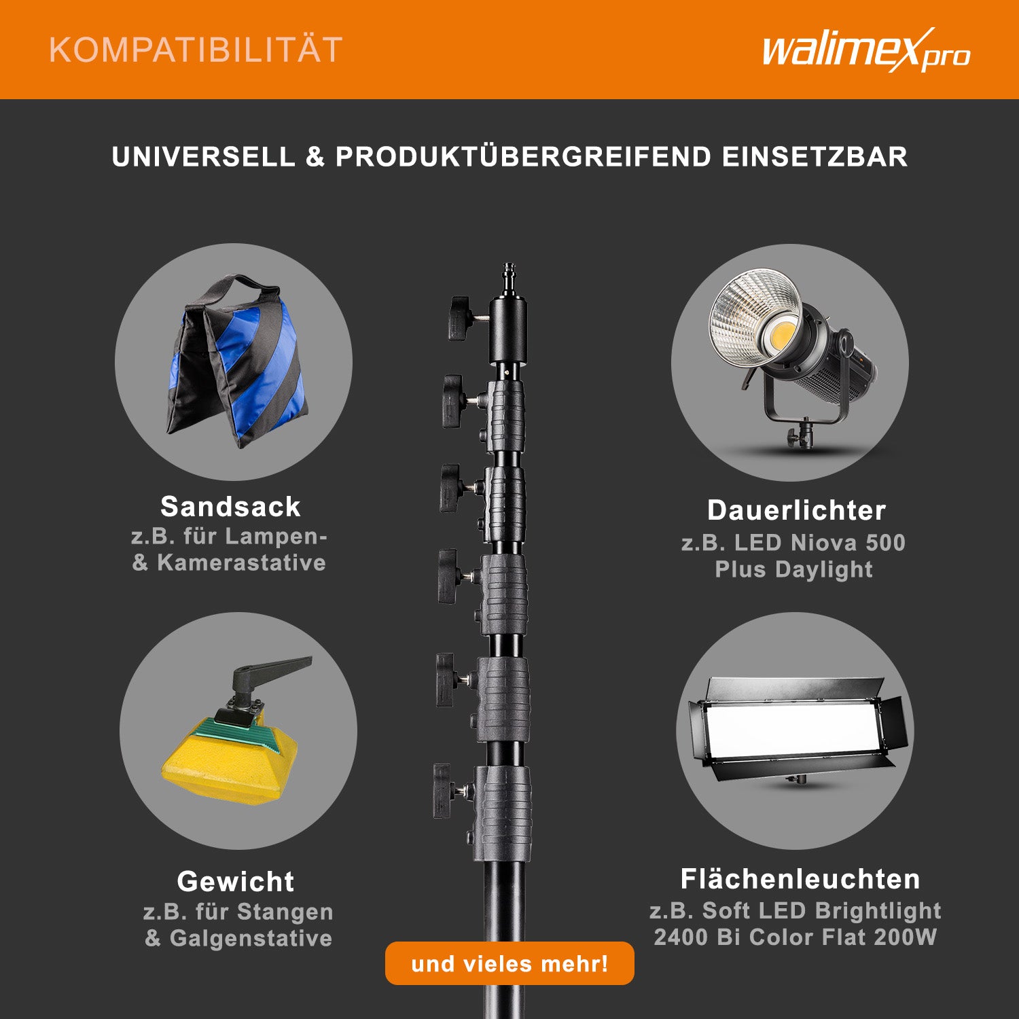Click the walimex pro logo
[x=866, y=50]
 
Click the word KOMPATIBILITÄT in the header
[x=196, y=50]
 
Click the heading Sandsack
[x=230, y=507]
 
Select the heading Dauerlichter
[x=796, y=510]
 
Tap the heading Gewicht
[x=236, y=882]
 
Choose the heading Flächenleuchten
[x=800, y=879]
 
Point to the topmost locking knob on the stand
[x=461, y=318]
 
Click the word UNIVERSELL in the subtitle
[x=204, y=157]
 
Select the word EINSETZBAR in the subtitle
[x=815, y=157]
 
